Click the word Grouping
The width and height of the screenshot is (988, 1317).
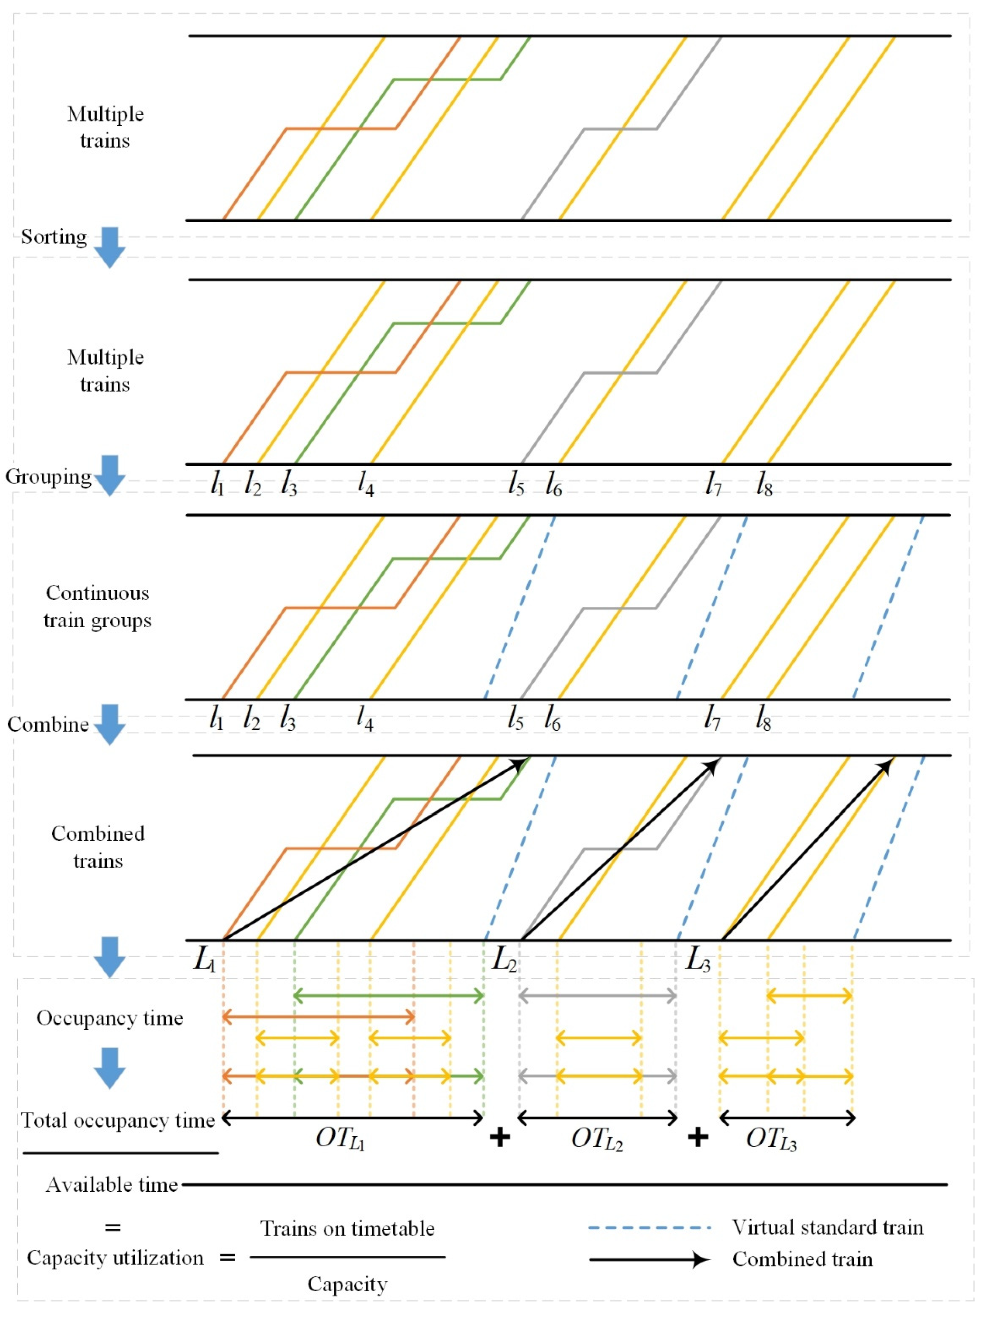tap(48, 477)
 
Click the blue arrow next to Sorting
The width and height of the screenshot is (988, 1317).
tap(110, 247)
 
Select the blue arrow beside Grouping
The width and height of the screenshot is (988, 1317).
tap(110, 475)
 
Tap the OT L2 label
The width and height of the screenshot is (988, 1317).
tap(597, 1139)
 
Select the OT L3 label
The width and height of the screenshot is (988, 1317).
tap(771, 1139)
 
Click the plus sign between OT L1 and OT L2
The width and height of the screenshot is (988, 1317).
tap(500, 1138)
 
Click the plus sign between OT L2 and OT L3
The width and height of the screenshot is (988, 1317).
tap(697, 1138)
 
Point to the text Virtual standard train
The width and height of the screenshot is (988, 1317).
tap(827, 1227)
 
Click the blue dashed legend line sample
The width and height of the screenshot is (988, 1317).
tap(649, 1228)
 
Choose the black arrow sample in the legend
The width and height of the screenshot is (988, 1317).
tap(649, 1259)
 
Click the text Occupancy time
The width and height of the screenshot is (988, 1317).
tap(110, 1018)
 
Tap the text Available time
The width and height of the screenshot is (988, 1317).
tap(112, 1185)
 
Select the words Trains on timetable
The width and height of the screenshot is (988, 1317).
tap(347, 1228)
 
